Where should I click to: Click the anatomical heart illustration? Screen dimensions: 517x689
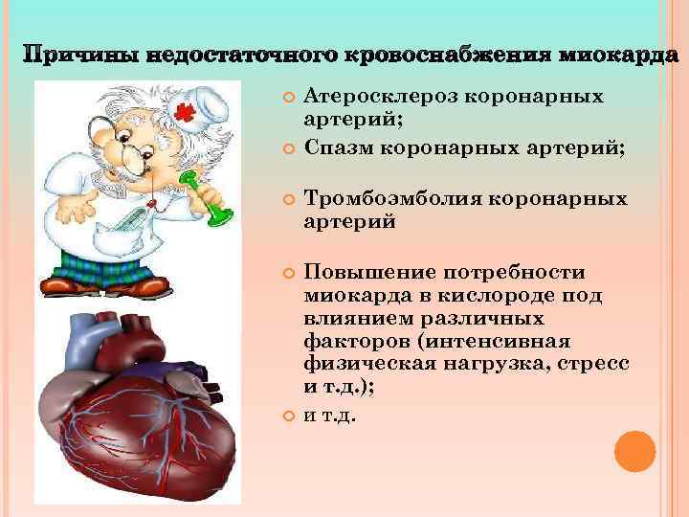pos(139,402)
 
